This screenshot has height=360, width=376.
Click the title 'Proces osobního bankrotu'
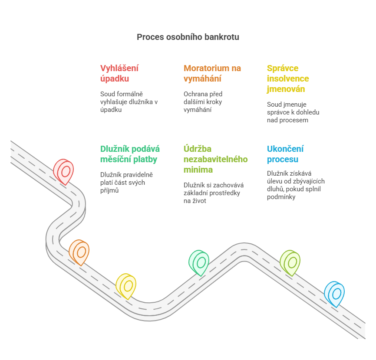188,37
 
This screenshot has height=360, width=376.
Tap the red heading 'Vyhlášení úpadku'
119,73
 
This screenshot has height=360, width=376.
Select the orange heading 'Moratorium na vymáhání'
212,73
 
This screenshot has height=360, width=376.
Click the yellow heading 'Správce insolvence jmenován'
288,79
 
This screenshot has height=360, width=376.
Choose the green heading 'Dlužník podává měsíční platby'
130,154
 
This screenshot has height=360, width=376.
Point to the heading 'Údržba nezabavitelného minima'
215,159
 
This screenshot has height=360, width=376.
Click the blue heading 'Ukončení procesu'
285,154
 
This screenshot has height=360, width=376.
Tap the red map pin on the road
64,171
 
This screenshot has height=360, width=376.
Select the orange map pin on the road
79,252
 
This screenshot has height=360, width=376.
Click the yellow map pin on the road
126,285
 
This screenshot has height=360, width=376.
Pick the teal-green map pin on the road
199,262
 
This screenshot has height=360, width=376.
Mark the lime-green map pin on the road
290,262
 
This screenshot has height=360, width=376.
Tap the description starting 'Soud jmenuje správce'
293,112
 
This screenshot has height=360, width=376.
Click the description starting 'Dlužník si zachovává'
213,193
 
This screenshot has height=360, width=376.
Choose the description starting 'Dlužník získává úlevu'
295,185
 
